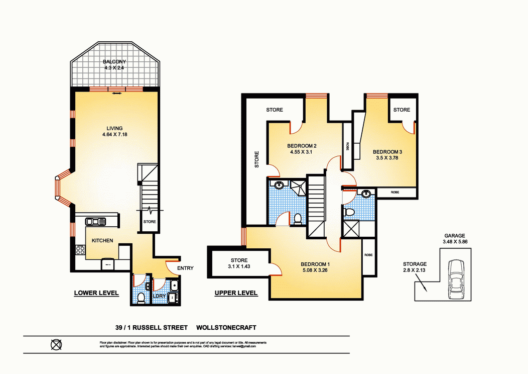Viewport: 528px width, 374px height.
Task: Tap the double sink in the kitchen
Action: [95, 221]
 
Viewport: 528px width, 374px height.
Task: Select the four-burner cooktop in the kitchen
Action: [79, 249]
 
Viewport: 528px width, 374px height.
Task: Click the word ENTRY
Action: [185, 268]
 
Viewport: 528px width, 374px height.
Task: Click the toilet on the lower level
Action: [141, 298]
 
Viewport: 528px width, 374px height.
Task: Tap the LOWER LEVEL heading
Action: [96, 293]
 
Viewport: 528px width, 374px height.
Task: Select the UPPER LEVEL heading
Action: [236, 293]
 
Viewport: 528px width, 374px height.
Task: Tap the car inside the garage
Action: [456, 277]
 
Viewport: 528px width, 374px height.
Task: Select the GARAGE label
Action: [454, 235]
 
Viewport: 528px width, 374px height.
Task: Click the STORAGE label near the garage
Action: [415, 264]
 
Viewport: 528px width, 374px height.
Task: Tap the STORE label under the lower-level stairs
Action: [150, 221]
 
